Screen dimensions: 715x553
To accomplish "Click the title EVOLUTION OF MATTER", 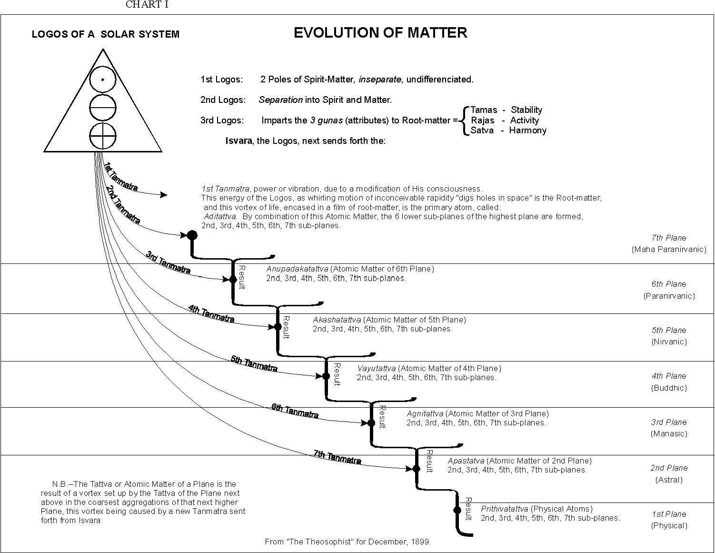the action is click(x=380, y=33).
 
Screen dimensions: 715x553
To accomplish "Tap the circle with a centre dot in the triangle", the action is click(x=103, y=80).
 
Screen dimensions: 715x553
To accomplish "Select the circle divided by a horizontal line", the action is click(x=103, y=108).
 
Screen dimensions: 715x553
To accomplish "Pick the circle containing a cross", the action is click(x=103, y=136).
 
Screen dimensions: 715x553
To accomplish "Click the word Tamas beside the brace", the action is click(x=484, y=110).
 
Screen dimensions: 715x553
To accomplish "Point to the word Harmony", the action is click(x=528, y=131).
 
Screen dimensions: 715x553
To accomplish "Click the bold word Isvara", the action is click(x=239, y=141).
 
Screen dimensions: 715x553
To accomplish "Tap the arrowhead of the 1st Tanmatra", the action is click(x=164, y=195).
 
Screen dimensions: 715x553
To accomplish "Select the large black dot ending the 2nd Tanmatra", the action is click(x=192, y=235).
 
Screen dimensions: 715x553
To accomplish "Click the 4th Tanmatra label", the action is click(x=211, y=314).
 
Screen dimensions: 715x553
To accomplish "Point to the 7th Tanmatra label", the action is click(x=337, y=457).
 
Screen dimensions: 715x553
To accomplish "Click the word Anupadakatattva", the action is click(x=297, y=269).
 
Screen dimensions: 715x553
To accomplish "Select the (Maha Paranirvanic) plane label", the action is click(x=669, y=249).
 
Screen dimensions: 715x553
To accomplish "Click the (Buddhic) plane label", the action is click(x=669, y=388).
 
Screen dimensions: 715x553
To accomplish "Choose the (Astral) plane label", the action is click(x=669, y=480).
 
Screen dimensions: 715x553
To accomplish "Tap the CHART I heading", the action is click(x=147, y=5).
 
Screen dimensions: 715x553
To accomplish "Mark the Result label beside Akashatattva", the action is click(x=286, y=327).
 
